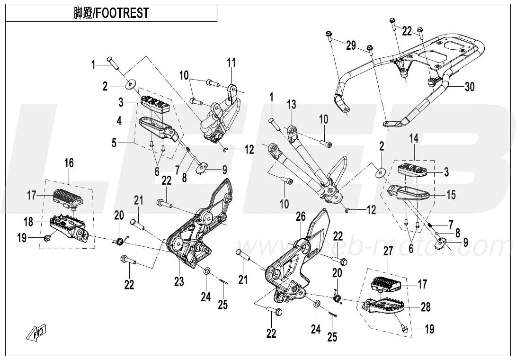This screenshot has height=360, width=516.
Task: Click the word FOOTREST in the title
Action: [x=123, y=13]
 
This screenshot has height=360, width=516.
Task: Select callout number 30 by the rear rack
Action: [x=469, y=87]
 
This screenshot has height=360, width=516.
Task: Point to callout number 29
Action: [x=350, y=45]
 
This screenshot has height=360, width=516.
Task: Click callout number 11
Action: [x=231, y=62]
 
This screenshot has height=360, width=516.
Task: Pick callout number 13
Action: [x=291, y=104]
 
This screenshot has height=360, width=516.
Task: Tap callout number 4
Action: [x=120, y=121]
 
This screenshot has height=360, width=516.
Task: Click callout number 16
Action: [x=69, y=163]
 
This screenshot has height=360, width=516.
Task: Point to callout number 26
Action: [x=301, y=217]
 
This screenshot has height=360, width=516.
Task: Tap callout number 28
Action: [x=426, y=307]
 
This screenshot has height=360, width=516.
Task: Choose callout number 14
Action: [x=414, y=138]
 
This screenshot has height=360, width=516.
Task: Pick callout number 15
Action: [x=451, y=194]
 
